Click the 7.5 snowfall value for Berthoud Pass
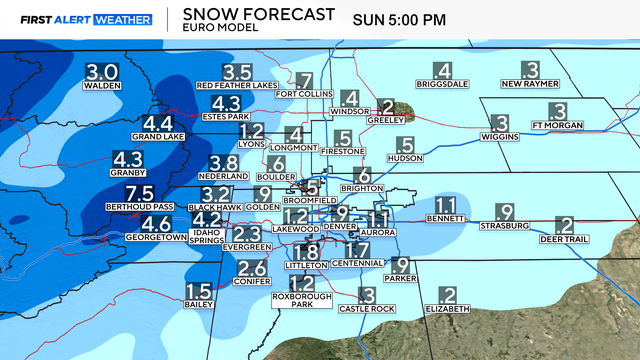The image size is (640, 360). click(x=138, y=193)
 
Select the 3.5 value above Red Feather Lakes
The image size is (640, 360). click(x=236, y=72)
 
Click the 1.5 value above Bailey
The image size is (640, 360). click(x=198, y=291)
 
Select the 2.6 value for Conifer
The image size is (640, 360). click(x=252, y=268)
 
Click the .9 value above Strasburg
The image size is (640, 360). click(x=504, y=212)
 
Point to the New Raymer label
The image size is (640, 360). click(x=530, y=85)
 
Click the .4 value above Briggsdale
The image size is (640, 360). click(x=440, y=70)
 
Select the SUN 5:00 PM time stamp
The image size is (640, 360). click(x=404, y=18)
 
